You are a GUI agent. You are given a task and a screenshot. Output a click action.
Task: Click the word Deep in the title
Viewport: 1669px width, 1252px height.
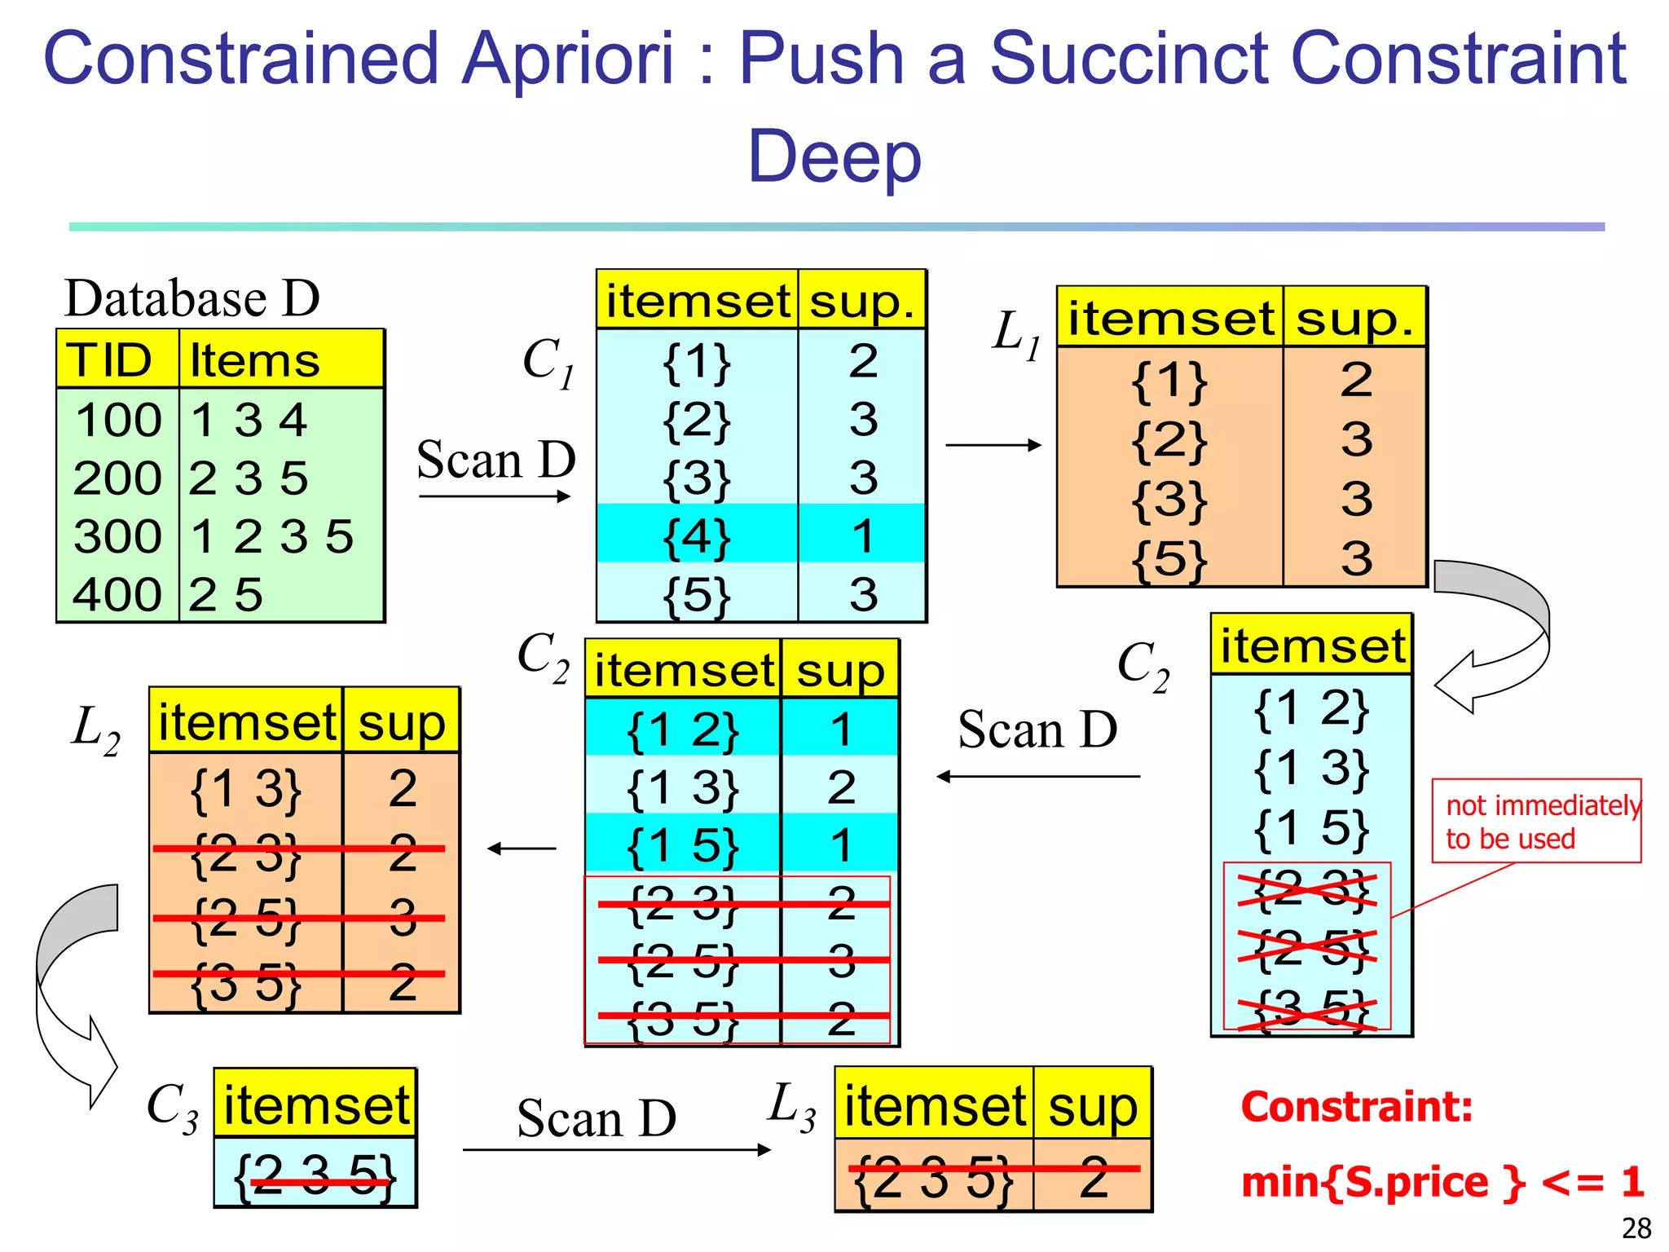coord(834,156)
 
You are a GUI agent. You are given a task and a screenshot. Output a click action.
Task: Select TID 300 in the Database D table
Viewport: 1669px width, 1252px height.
coord(118,536)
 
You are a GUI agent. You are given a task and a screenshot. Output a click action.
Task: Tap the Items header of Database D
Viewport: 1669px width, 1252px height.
coord(254,360)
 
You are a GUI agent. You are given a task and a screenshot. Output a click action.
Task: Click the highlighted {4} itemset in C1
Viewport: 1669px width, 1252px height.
coord(697,536)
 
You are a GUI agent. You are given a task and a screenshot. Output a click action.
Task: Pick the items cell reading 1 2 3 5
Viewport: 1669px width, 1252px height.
coord(271,536)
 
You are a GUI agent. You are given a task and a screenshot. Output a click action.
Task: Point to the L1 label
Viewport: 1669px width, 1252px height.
coord(1015,334)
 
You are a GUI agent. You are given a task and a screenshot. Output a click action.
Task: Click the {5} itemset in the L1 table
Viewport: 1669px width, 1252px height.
coord(1169,559)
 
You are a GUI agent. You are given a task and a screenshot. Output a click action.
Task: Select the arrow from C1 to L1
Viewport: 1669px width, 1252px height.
coord(993,445)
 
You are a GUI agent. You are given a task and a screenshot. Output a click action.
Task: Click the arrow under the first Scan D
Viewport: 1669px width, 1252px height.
coord(495,496)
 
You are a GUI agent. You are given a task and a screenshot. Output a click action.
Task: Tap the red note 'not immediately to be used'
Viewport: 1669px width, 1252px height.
coord(1536,821)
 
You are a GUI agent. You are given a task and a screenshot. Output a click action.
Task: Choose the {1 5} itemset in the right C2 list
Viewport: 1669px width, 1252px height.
coord(1310,828)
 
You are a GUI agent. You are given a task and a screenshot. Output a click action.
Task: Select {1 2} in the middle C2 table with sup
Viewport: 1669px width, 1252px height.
coord(683,730)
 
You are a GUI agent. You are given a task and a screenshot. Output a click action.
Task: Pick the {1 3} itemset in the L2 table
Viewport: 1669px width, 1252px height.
coord(245,789)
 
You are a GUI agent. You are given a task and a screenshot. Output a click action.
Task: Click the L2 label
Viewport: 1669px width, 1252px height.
coord(95,730)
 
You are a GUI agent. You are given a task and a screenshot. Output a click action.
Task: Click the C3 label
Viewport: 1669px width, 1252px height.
coord(172,1109)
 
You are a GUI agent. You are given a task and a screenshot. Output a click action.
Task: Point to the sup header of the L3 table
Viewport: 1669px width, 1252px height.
coord(1092,1106)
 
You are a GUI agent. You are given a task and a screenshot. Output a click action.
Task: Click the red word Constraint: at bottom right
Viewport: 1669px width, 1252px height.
coord(1357,1107)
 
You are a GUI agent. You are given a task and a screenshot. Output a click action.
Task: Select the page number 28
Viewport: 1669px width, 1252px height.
coord(1636,1228)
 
